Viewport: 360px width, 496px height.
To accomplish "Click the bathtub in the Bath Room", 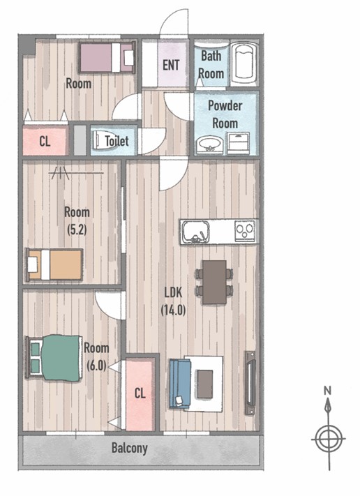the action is pyautogui.click(x=243, y=63).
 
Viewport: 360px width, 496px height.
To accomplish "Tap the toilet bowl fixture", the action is pyautogui.click(x=99, y=140).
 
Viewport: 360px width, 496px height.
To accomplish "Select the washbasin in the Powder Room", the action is pyautogui.click(x=209, y=144).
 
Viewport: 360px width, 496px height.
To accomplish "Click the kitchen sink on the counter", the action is pyautogui.click(x=196, y=232).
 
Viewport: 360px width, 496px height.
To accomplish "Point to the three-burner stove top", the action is pyautogui.click(x=244, y=232).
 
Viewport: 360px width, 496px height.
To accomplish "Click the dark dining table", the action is pyautogui.click(x=214, y=282).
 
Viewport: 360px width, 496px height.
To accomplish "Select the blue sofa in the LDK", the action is pyautogui.click(x=180, y=384).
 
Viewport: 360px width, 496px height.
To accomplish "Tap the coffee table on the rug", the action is pyautogui.click(x=205, y=384).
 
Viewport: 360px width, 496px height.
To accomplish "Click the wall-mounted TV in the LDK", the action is pyautogui.click(x=250, y=382).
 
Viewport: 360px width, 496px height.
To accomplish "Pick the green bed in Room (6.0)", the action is pyautogui.click(x=54, y=358).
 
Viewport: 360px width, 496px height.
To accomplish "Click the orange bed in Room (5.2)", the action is pyautogui.click(x=54, y=264).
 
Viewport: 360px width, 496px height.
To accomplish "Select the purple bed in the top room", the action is pyautogui.click(x=107, y=57).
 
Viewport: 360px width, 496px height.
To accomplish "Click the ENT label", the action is pyautogui.click(x=171, y=65).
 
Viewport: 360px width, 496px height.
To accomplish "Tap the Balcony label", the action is pyautogui.click(x=129, y=448).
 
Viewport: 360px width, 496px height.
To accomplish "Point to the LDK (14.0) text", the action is pyautogui.click(x=173, y=301).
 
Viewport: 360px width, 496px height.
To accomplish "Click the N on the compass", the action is pyautogui.click(x=327, y=390).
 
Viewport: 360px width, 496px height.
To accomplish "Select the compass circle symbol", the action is pyautogui.click(x=329, y=439).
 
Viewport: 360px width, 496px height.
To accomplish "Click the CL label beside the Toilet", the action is pyautogui.click(x=45, y=141).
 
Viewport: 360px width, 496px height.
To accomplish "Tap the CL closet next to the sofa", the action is pyautogui.click(x=140, y=394).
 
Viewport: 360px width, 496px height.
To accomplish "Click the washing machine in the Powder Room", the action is pyautogui.click(x=238, y=143).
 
